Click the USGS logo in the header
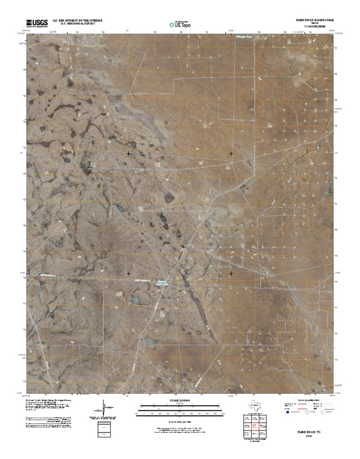[37, 23]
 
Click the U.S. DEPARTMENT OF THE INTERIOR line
[77, 21]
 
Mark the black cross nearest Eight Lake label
[129, 273]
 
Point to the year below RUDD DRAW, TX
[305, 435]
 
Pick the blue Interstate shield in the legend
[287, 414]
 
